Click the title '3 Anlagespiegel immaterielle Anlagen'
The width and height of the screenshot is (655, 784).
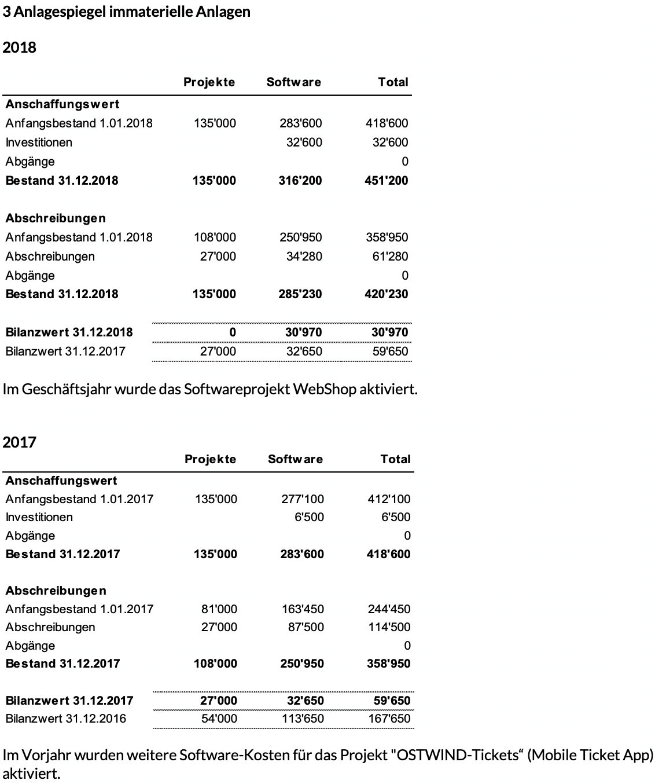pos(127,12)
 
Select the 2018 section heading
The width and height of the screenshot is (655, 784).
pos(20,47)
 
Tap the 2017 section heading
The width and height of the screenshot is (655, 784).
pos(20,442)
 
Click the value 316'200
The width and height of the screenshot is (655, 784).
pos(300,180)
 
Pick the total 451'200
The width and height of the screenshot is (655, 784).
pos(387,180)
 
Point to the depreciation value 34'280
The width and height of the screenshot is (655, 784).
pos(304,256)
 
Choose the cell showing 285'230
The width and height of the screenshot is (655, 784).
pos(300,294)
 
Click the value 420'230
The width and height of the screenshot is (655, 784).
pos(387,294)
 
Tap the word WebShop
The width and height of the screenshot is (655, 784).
pos(324,389)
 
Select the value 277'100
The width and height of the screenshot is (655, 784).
pos(303,499)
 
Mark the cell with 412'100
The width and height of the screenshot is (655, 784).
pos(389,499)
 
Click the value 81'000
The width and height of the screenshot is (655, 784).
pos(219,609)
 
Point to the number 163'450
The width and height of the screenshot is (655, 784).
pos(303,609)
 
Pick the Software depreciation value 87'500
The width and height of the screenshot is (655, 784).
pos(306,627)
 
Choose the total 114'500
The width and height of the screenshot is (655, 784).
pos(389,627)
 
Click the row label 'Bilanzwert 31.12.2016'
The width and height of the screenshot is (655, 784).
pos(65,719)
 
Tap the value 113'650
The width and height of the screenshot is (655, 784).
pos(303,719)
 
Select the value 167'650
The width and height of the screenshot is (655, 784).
pos(389,719)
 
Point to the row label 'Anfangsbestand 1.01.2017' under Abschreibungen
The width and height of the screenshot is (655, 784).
pos(79,609)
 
